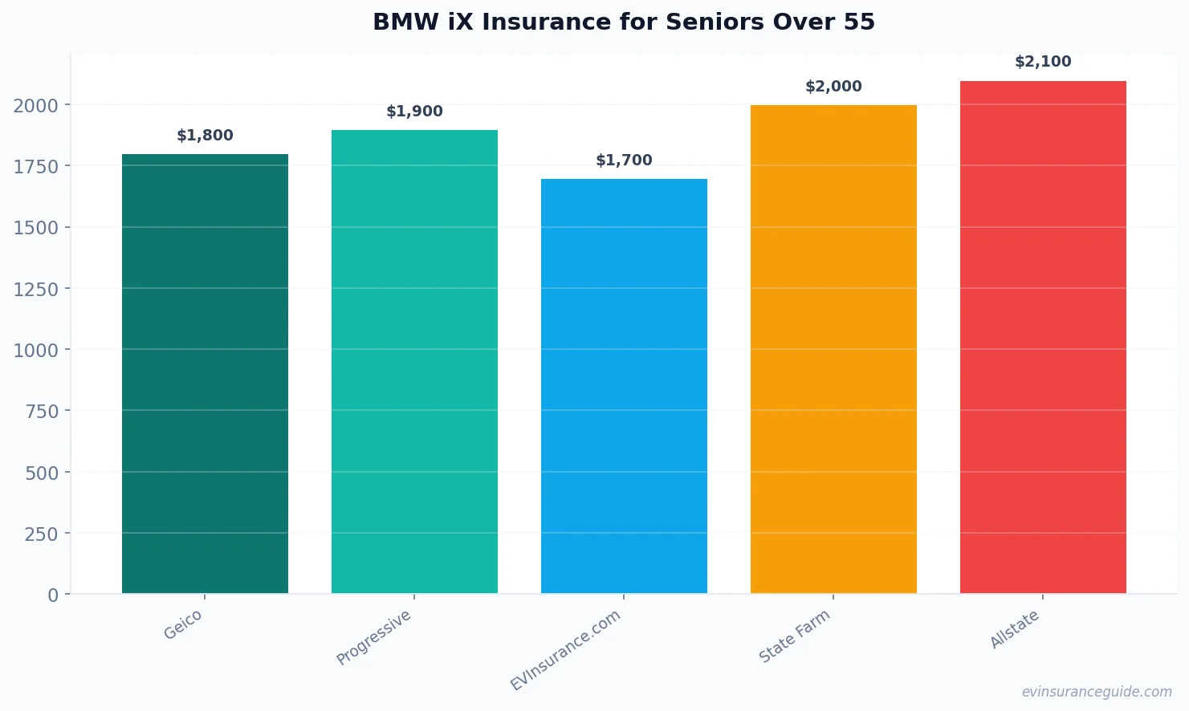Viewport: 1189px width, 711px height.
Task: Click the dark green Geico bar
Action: (205, 374)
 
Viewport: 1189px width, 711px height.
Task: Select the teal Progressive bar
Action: (414, 362)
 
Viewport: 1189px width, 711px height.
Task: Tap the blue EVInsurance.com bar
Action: (624, 386)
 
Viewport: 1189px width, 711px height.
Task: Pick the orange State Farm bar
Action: (833, 349)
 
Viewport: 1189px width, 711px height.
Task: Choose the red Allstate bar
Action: (1043, 337)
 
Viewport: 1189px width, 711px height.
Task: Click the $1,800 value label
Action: (205, 136)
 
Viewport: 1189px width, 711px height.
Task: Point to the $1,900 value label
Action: (414, 112)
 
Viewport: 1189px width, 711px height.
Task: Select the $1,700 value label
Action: (624, 160)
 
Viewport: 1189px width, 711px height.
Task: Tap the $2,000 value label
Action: (833, 87)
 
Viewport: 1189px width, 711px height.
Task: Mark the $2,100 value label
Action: (1043, 62)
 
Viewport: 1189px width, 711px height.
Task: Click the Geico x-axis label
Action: (183, 624)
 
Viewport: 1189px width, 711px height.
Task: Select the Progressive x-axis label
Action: (374, 637)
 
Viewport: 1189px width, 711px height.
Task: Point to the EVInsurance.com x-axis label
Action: (566, 650)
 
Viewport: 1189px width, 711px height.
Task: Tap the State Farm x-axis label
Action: (795, 636)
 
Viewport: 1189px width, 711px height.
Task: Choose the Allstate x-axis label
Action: (1015, 629)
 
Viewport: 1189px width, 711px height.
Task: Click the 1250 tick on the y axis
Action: (36, 289)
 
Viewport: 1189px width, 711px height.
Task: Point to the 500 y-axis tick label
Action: (42, 473)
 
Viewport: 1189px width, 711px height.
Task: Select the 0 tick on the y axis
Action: (53, 595)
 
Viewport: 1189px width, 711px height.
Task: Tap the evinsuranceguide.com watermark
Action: (1097, 692)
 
